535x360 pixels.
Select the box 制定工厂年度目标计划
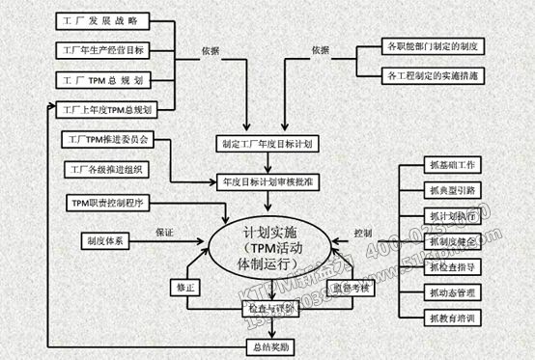pos(266,145)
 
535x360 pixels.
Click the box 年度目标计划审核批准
pos(266,180)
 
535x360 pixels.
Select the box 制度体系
pos(107,236)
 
